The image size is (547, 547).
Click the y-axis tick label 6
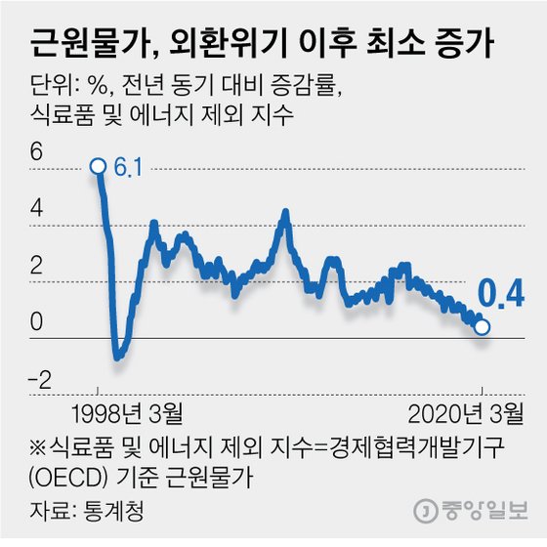pyautogui.click(x=37, y=152)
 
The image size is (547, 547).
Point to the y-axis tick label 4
pyautogui.click(x=37, y=209)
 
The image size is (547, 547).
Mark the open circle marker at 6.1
pyautogui.click(x=98, y=166)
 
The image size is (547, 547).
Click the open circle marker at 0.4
pyautogui.click(x=482, y=326)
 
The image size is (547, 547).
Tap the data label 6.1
pyautogui.click(x=128, y=168)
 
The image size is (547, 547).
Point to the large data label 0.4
pyautogui.click(x=501, y=291)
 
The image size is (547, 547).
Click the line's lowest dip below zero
pyautogui.click(x=118, y=357)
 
